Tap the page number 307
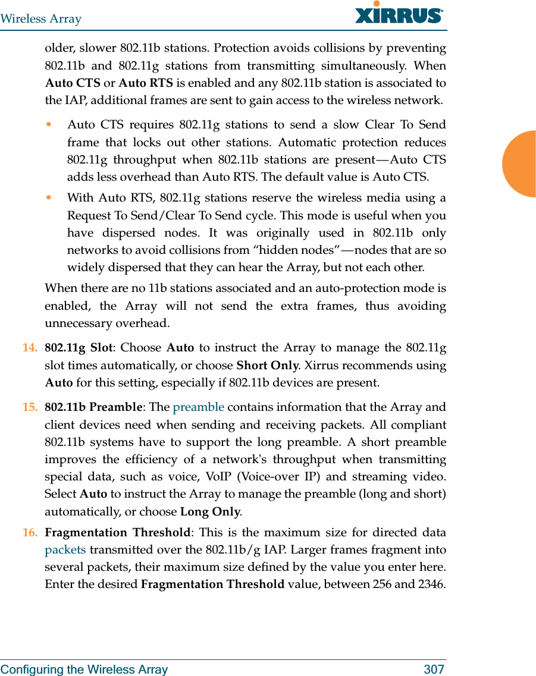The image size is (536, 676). coord(434,669)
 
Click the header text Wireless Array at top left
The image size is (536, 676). coord(41,19)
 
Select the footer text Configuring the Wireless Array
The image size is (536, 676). coord(84,669)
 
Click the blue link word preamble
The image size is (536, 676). coord(198,407)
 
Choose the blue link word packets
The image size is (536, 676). coord(65,549)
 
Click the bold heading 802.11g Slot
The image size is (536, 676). coord(79,348)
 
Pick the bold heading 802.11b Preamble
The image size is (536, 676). coord(93,407)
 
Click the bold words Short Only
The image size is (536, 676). coord(267,365)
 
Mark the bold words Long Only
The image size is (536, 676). coord(210,511)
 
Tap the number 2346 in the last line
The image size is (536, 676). coord(431,584)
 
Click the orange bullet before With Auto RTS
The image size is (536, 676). coord(55,198)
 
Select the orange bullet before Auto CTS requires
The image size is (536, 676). coord(55,125)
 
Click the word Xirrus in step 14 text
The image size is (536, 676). coord(322,365)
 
